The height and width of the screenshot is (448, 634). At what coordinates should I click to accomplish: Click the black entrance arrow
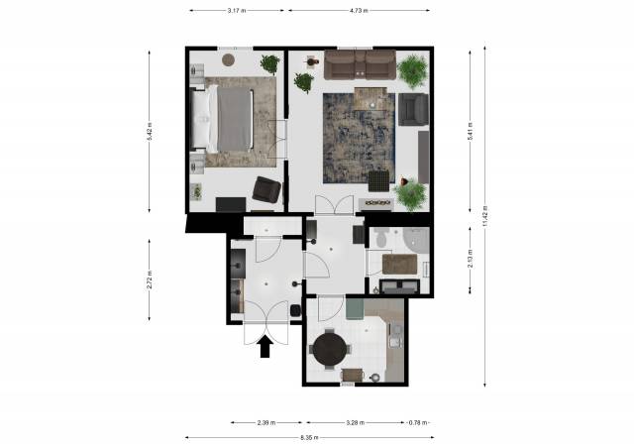(x=264, y=348)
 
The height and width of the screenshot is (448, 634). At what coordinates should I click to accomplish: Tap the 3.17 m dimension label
(x=237, y=11)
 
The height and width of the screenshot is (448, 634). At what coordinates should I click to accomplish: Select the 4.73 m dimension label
(x=359, y=11)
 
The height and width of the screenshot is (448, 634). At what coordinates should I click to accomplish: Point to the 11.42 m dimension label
(x=485, y=216)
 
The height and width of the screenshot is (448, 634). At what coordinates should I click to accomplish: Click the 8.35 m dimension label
(x=309, y=437)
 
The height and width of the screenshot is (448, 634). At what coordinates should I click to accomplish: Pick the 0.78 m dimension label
(x=418, y=423)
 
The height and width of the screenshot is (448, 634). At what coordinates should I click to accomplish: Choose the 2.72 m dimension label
(x=150, y=280)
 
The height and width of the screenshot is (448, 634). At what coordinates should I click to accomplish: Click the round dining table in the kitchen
(x=330, y=350)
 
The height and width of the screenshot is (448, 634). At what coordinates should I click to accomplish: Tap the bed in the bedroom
(x=222, y=119)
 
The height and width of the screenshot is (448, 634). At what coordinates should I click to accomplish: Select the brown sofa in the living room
(x=360, y=64)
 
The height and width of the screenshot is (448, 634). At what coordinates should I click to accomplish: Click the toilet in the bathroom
(x=380, y=238)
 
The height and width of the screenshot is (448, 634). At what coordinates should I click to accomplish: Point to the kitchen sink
(x=395, y=337)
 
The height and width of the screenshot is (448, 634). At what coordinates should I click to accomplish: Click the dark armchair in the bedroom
(x=266, y=189)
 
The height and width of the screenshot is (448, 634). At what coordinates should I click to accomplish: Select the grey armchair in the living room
(x=413, y=109)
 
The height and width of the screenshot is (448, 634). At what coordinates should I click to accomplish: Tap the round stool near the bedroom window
(x=229, y=59)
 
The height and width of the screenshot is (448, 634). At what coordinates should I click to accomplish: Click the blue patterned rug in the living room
(x=359, y=138)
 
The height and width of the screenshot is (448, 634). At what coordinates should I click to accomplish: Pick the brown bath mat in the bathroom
(x=399, y=264)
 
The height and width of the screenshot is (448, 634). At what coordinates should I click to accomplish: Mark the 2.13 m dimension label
(x=471, y=260)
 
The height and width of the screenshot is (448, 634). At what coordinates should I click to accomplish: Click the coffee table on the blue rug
(x=370, y=99)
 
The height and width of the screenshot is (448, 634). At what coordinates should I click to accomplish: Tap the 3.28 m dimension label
(x=356, y=423)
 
